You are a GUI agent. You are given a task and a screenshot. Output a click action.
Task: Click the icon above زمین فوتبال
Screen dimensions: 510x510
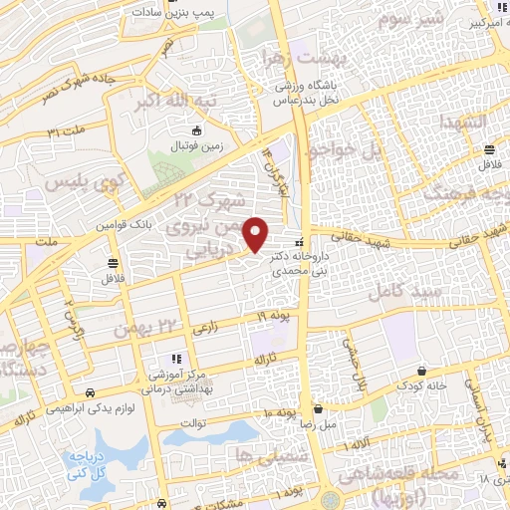coord(197,131)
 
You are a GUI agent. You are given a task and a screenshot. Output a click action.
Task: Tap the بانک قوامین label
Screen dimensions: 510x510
coord(127,225)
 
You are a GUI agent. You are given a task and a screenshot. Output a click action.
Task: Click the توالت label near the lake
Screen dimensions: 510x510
coord(192,419)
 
